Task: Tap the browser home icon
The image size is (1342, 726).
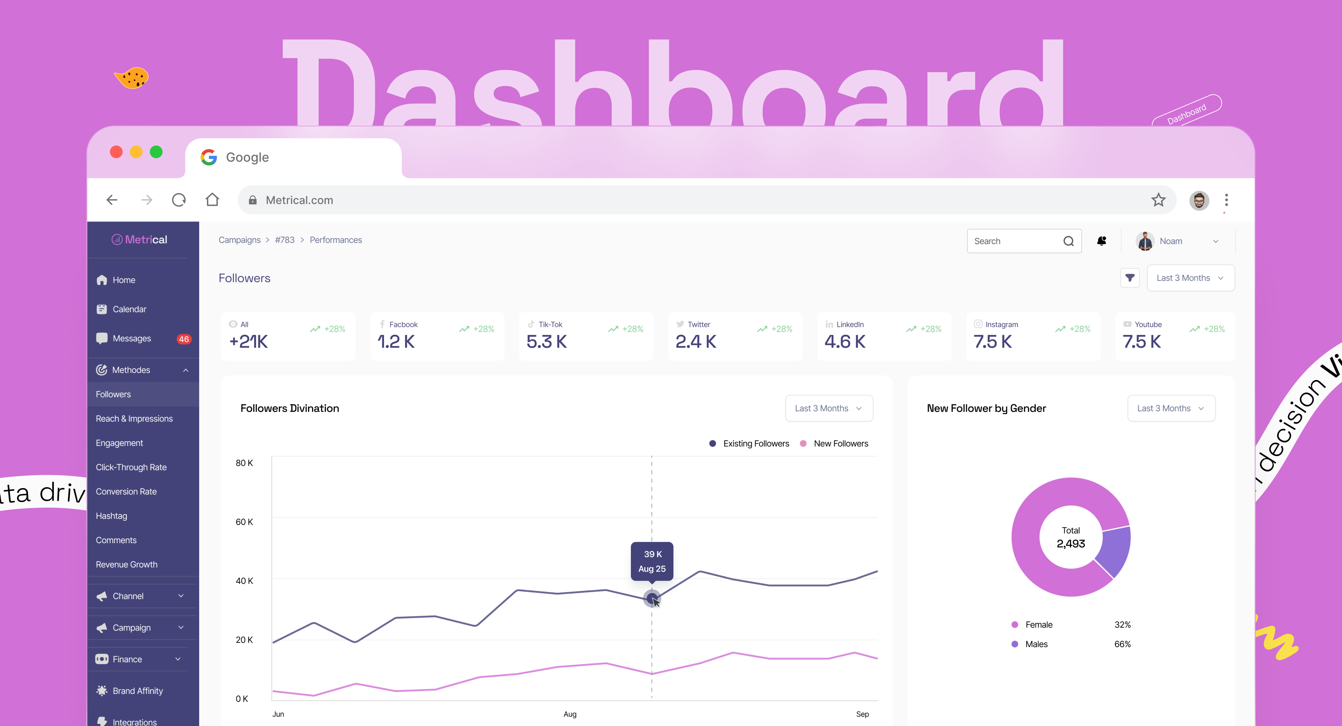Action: [x=212, y=200]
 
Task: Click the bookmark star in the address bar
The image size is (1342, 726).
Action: [x=1158, y=200]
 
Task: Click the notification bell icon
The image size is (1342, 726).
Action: [x=1101, y=241]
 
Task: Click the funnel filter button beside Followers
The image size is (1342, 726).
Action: [x=1130, y=278]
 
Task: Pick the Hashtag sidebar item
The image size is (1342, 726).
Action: [x=112, y=516]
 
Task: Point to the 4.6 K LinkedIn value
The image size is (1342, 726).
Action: [x=845, y=342]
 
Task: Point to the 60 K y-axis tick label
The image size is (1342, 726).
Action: [x=244, y=522]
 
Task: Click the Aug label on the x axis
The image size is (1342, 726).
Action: [x=570, y=714]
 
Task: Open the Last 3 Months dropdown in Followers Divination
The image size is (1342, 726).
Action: [x=828, y=408]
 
